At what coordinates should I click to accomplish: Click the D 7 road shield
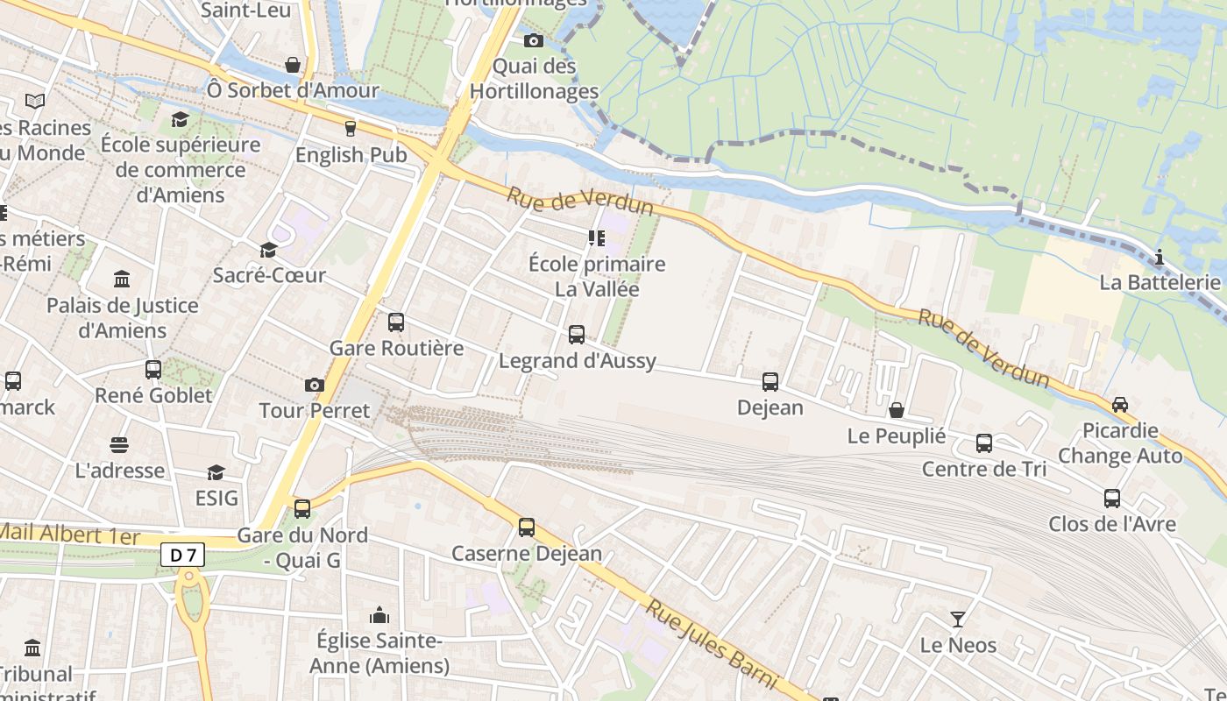(x=182, y=555)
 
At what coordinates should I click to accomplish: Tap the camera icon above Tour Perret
(x=314, y=385)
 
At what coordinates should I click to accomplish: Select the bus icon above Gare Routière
(x=396, y=322)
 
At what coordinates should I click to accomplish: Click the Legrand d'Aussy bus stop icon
(x=577, y=335)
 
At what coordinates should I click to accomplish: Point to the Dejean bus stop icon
(x=770, y=382)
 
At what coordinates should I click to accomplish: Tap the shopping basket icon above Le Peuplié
(x=897, y=410)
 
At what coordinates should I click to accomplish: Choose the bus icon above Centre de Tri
(x=984, y=443)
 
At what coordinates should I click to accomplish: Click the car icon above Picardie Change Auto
(x=1120, y=405)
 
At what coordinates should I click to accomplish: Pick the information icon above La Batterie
(x=1160, y=257)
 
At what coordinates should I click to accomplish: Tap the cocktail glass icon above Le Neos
(x=958, y=620)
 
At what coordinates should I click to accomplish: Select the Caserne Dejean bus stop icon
(x=527, y=528)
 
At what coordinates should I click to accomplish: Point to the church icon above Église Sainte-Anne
(x=379, y=615)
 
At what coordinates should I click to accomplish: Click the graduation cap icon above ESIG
(x=216, y=473)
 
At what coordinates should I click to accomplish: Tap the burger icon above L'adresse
(x=119, y=445)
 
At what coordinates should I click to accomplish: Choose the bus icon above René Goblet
(x=153, y=370)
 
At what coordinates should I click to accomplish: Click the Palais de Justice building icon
(x=123, y=280)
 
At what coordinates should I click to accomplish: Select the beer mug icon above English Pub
(x=351, y=129)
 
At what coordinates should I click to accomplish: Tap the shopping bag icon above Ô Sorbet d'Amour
(x=293, y=65)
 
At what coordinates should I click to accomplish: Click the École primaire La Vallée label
(x=597, y=276)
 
